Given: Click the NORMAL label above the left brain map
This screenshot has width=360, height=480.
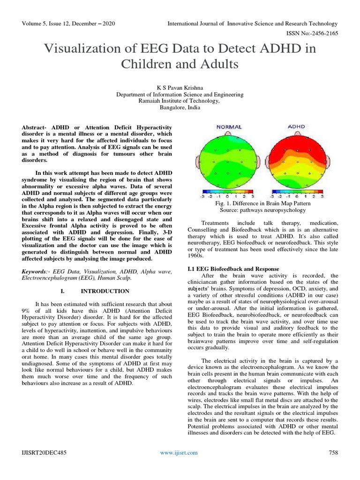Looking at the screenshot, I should click(229, 127).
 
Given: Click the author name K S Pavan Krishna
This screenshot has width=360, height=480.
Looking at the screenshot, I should click(180, 88).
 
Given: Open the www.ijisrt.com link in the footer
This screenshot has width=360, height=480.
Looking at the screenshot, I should click(179, 452).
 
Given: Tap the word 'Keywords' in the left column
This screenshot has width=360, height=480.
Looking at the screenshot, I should click(35, 271).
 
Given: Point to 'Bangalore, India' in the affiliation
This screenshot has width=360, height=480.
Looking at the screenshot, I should click(180, 107).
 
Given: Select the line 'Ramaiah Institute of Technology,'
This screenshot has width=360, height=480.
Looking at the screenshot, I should click(180, 101).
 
